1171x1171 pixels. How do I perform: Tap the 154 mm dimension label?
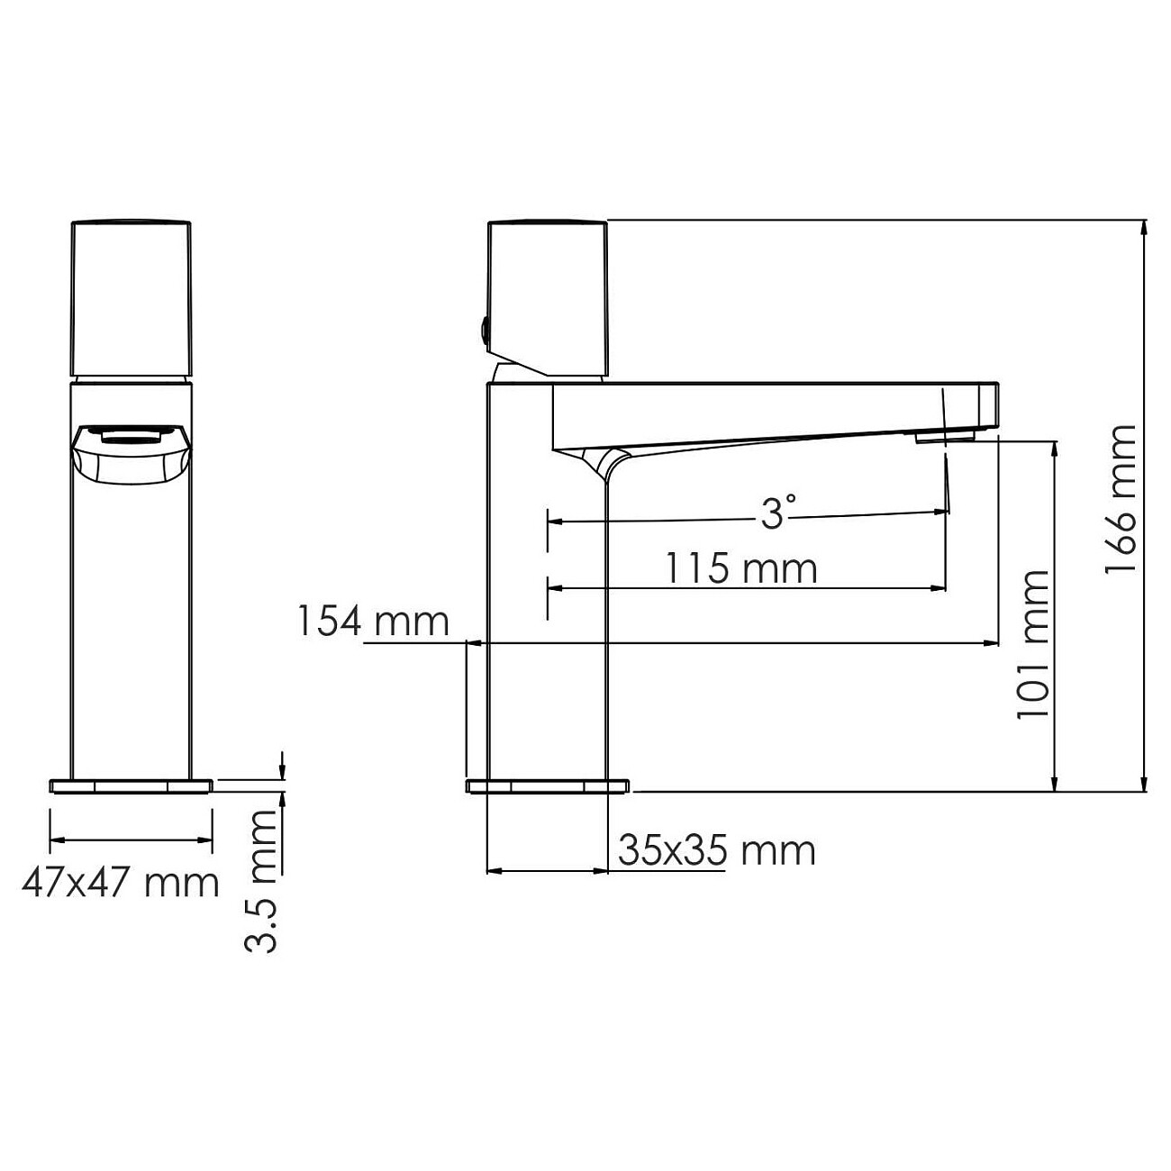pyautogui.click(x=373, y=622)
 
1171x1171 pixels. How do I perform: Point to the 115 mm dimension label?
pyautogui.click(x=740, y=568)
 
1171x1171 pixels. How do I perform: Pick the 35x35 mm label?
pyautogui.click(x=716, y=850)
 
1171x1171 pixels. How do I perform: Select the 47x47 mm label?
pyautogui.click(x=121, y=883)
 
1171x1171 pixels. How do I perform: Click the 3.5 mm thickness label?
pyautogui.click(x=262, y=880)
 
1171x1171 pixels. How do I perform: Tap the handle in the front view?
pyautogui.click(x=132, y=297)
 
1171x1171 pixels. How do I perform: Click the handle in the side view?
pyautogui.click(x=548, y=297)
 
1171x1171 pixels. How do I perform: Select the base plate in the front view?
pyautogui.click(x=132, y=785)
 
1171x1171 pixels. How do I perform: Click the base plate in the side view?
pyautogui.click(x=548, y=785)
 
